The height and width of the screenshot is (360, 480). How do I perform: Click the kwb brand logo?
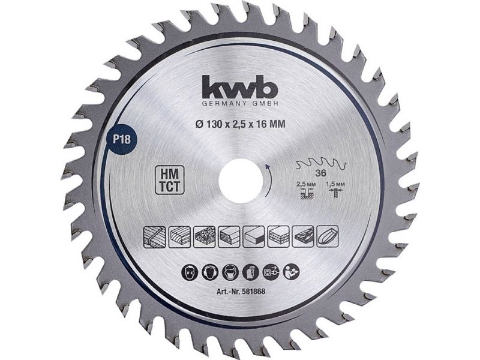pos(239,86)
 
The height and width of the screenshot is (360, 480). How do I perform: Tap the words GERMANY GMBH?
pos(240,104)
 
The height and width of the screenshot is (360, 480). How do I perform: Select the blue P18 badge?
pos(122,139)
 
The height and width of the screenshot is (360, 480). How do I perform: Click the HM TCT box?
pos(170,180)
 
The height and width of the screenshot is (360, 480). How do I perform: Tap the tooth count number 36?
pos(321,173)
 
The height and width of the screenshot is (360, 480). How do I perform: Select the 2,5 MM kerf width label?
pos(304,185)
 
